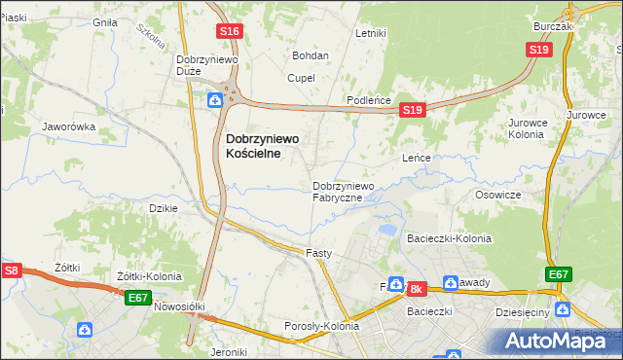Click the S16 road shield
229,32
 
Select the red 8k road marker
418,289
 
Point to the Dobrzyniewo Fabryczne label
343,192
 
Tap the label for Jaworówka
68,126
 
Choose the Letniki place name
371,33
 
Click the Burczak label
553,26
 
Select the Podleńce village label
369,101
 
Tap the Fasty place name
319,253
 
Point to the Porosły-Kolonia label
321,326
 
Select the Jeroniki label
240,352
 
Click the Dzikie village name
161,208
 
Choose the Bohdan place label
311,55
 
